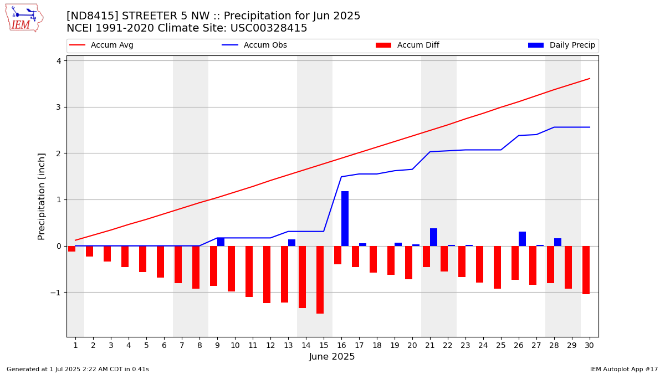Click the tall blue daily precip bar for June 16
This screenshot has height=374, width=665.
tap(345, 219)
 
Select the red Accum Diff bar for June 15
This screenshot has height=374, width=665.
tap(320, 280)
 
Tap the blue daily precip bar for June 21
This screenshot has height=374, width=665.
tap(433, 238)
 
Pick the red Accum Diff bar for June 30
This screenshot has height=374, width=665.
tap(586, 270)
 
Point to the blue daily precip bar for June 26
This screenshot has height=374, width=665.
tap(522, 239)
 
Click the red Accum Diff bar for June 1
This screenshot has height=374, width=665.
tap(72, 249)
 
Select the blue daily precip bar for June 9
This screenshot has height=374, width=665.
tap(221, 242)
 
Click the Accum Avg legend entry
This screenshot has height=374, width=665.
tap(101, 45)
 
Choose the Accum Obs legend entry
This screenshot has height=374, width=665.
tap(254, 45)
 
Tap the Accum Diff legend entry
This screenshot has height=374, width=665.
tap(407, 45)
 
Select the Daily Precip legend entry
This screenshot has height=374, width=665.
tap(562, 45)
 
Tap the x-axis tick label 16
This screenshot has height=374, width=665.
tap(341, 346)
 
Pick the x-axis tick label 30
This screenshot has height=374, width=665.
tap(589, 346)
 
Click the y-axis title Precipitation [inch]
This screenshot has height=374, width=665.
tap(41, 197)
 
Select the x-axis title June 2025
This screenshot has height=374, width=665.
tap(332, 356)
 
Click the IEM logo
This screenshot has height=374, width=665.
tap(24, 18)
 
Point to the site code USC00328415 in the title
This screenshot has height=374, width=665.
tap(269, 28)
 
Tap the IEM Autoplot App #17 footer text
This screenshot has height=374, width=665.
tap(624, 369)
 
